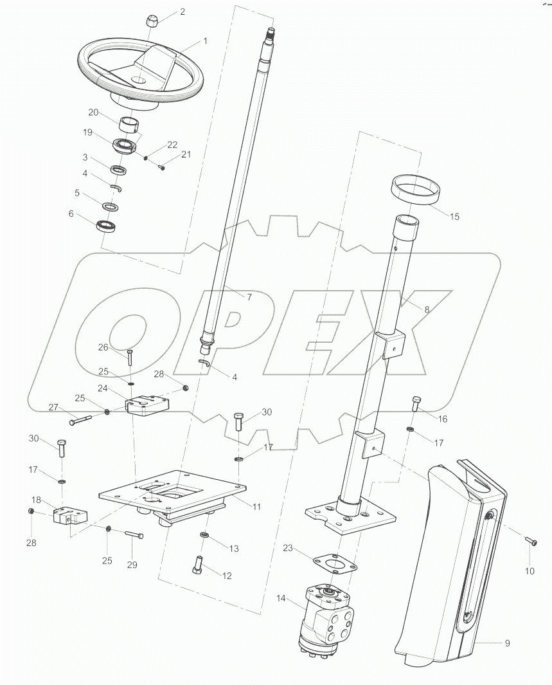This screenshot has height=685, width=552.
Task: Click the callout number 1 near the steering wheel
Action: (x=205, y=41)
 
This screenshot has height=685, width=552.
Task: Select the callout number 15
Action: (x=454, y=217)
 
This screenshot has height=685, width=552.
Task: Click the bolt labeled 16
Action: (x=416, y=404)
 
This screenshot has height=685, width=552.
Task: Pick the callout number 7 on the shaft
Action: (x=249, y=297)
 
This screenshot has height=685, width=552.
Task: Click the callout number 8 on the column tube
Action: (x=426, y=309)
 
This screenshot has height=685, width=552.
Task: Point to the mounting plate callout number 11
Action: (x=256, y=507)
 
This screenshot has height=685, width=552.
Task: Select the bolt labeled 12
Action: (x=198, y=565)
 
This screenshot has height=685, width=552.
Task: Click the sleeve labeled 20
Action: (x=130, y=123)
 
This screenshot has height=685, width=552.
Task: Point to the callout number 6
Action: (x=71, y=214)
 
